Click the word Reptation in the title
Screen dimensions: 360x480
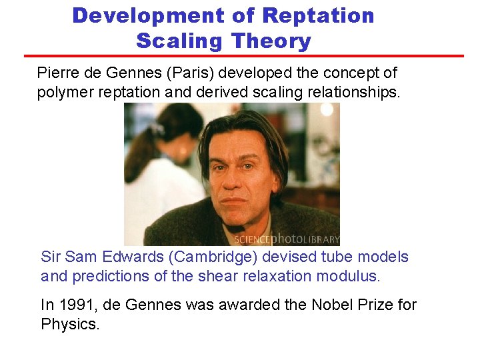coord(319,15)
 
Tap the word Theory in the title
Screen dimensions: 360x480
coord(271,41)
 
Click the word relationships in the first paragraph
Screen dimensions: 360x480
coord(350,92)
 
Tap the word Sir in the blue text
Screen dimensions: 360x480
coord(51,257)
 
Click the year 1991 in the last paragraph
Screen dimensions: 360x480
coord(75,305)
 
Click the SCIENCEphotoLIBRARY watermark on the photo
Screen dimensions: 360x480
coord(287,239)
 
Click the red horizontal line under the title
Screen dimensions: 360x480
coord(244,56)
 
